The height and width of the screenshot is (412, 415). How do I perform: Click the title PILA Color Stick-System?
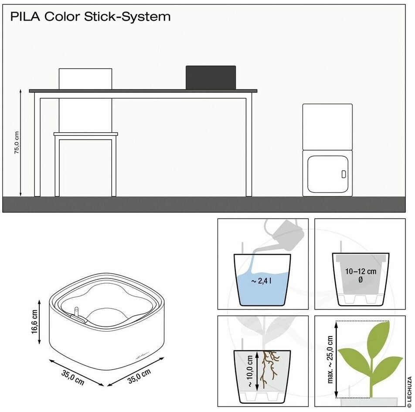[90, 17]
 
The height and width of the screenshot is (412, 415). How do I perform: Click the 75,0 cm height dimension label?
[17, 143]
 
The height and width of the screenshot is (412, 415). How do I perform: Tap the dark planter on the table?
[211, 77]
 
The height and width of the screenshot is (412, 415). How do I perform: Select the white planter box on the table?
[85, 79]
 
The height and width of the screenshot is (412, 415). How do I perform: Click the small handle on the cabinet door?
[344, 174]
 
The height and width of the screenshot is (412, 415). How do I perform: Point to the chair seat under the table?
[86, 134]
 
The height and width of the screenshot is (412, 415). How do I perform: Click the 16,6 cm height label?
[35, 322]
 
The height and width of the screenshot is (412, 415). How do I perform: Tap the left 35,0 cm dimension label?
[73, 377]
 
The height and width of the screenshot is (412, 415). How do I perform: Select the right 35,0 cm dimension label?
[139, 376]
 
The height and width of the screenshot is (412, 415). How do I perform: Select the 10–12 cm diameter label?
[361, 275]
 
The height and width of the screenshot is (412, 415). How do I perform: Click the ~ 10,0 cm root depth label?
[250, 371]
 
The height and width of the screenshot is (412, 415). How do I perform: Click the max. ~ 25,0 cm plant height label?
[330, 359]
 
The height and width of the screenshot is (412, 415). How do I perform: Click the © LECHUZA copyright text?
[409, 391]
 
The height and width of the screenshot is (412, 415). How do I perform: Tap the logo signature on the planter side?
[143, 355]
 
